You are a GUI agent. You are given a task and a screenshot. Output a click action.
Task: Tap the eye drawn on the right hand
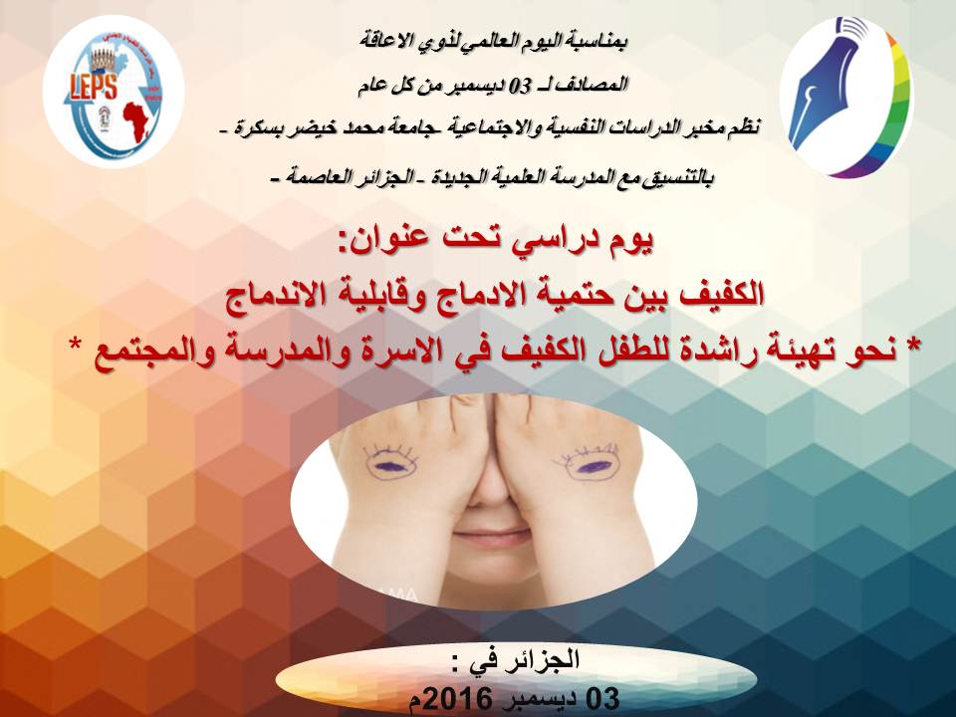coord(589,465)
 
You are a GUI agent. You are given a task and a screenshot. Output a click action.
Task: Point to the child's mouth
coord(491,537)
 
